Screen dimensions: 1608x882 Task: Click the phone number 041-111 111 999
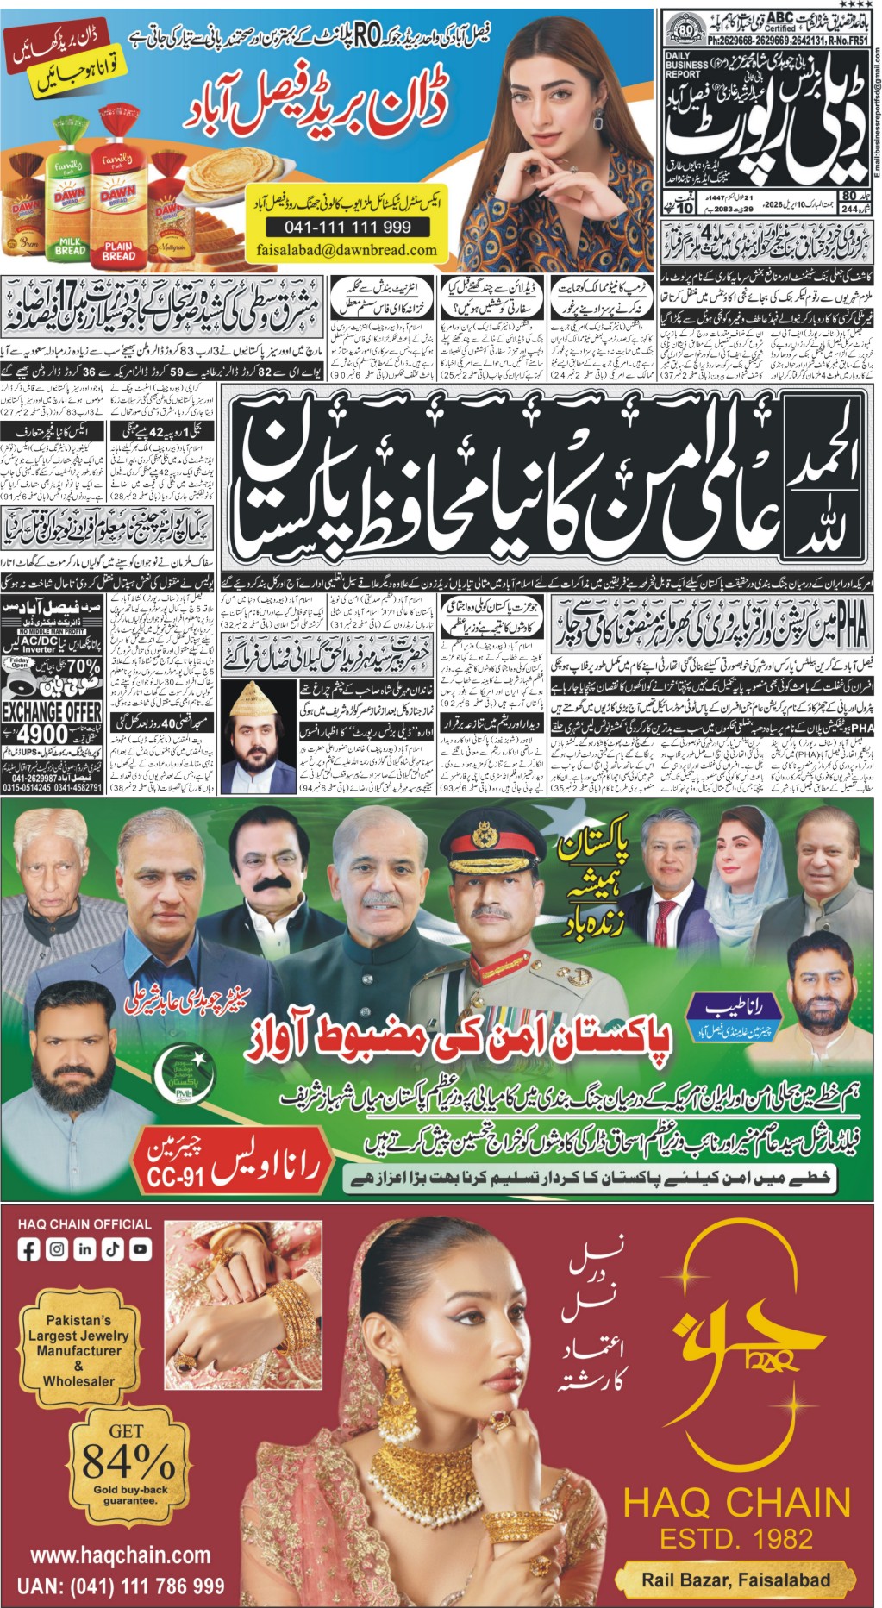coord(348,227)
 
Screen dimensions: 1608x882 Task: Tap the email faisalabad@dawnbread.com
coord(347,250)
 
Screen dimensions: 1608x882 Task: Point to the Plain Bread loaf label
coord(118,251)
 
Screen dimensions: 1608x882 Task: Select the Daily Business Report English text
coord(686,65)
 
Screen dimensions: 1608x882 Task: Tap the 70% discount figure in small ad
coord(81,666)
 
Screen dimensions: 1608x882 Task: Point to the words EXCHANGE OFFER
coord(52,712)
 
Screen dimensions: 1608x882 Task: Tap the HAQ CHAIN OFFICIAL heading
coord(84,1223)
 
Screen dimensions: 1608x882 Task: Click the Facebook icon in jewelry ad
coord(29,1248)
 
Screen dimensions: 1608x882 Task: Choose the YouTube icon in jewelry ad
coord(140,1248)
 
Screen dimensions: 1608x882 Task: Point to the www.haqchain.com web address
coord(121,1555)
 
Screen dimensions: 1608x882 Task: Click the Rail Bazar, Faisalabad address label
coord(735,1580)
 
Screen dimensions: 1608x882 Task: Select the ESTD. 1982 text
coord(736,1537)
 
